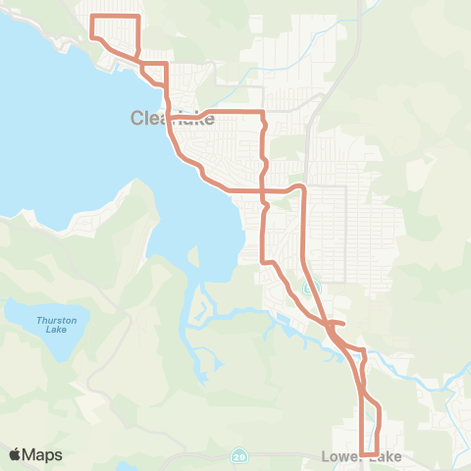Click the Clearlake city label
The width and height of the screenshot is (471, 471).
point(173,118)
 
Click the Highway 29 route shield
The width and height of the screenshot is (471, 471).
point(239,456)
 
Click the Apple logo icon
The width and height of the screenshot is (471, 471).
point(15,454)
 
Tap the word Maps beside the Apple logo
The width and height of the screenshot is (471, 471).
point(43,454)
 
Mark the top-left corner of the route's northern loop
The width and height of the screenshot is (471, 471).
point(91,17)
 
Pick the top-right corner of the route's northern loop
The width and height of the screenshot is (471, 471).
point(139,17)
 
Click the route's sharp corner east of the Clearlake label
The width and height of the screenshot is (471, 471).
point(263,113)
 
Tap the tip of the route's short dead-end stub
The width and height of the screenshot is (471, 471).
point(344,323)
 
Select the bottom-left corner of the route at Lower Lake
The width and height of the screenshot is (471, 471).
point(363,453)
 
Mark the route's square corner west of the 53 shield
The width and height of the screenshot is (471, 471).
point(263,261)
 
